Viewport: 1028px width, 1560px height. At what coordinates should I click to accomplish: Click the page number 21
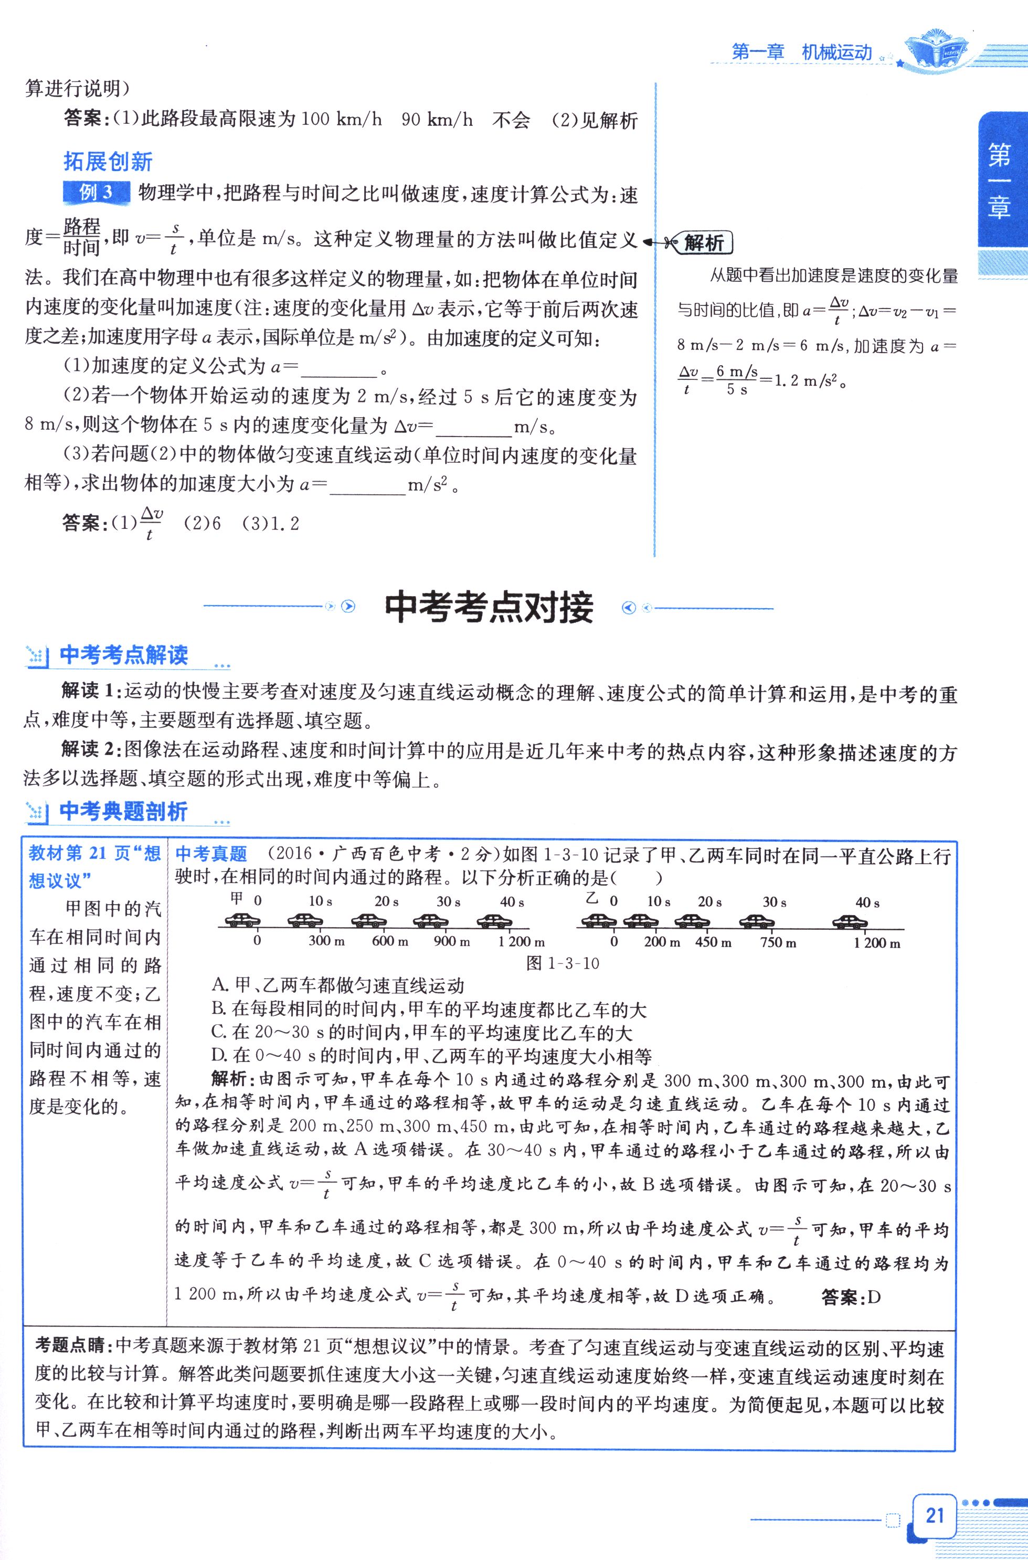934,1515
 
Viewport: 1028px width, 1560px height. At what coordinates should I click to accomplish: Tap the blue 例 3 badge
97,193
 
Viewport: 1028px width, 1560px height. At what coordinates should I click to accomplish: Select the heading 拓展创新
108,161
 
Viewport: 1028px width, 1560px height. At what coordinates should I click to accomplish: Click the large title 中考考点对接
489,608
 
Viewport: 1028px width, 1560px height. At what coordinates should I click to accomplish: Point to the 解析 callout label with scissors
704,243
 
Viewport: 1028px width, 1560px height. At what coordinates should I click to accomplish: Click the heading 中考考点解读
123,655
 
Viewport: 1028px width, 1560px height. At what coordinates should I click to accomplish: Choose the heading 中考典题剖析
123,811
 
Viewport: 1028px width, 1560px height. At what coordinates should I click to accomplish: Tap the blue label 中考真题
211,854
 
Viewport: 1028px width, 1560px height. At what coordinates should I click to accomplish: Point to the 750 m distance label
779,942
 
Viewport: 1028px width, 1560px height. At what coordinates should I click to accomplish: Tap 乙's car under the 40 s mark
850,921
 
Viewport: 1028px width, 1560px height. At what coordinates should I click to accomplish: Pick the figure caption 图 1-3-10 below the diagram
563,963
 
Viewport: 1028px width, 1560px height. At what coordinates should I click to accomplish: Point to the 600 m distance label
389,942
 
